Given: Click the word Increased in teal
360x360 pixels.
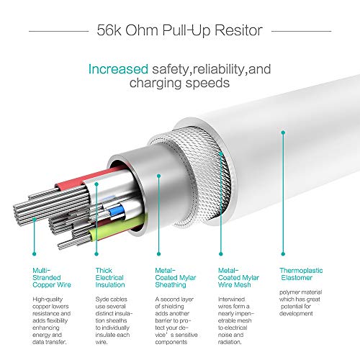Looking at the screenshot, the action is tap(118, 69).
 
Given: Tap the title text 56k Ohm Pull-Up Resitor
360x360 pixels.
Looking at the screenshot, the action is tap(179, 31).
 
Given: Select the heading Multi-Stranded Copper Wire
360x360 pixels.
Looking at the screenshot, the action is tap(52, 278).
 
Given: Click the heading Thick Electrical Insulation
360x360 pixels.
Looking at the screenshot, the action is tap(110, 278).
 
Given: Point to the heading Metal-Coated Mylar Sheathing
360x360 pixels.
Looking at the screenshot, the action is tap(176, 278).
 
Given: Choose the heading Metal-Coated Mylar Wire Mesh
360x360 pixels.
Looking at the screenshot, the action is tap(238, 278).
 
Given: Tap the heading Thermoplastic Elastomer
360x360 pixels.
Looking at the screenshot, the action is tap(301, 274).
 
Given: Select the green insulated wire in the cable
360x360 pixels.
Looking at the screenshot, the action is tap(115, 228).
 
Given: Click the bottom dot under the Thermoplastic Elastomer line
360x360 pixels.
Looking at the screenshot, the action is tap(283, 254).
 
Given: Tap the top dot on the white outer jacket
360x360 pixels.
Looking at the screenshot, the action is tap(283, 132).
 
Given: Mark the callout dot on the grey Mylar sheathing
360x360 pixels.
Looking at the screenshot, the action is tap(158, 176).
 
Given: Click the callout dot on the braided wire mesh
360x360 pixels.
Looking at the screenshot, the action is tap(221, 153).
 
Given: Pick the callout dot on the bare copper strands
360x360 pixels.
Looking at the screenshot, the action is tap(34, 219).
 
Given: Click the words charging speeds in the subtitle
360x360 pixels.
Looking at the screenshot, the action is tap(179, 83).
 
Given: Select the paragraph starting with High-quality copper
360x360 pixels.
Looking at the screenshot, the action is tap(52, 320).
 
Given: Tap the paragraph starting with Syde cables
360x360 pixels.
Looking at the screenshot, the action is tap(114, 320).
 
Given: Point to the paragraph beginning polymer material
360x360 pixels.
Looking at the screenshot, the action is tap(300, 303).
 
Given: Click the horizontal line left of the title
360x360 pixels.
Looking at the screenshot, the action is tap(59, 31).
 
